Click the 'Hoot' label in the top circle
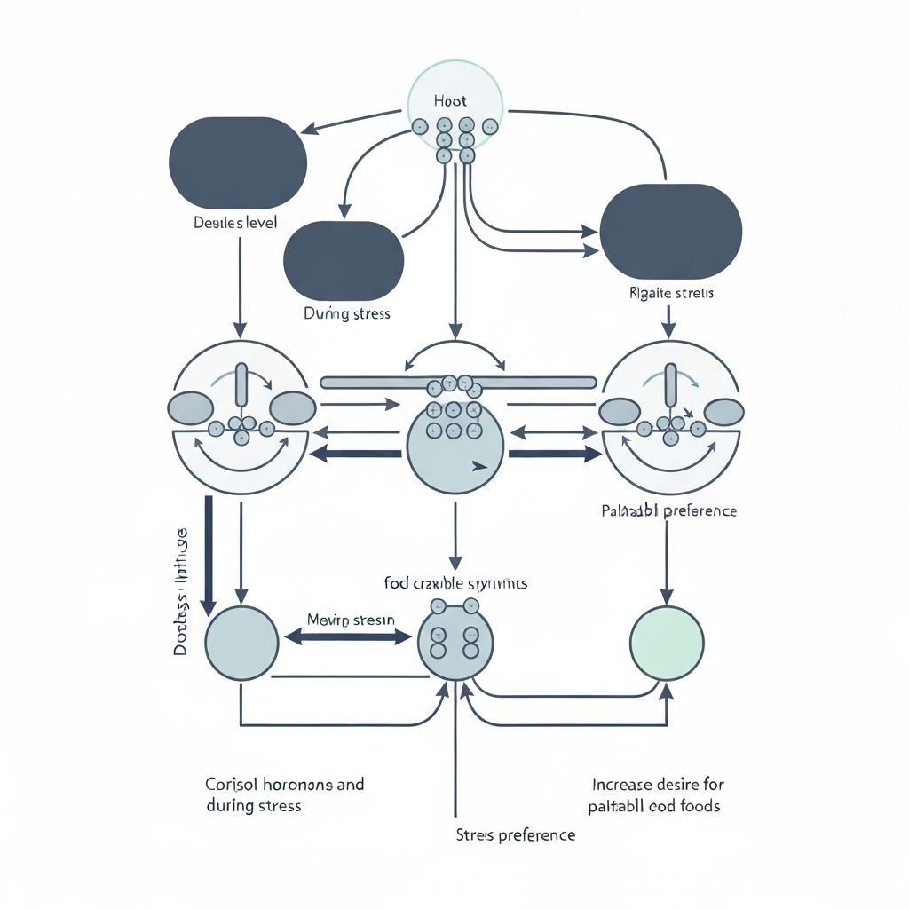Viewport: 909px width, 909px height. [450, 101]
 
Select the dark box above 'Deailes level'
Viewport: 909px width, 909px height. [237, 161]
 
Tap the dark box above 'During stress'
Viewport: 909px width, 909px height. [344, 262]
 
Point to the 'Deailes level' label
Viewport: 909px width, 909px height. [235, 222]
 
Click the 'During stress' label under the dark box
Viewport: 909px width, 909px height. [346, 313]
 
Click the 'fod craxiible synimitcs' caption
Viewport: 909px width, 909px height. [455, 583]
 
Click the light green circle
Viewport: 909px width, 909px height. [667, 643]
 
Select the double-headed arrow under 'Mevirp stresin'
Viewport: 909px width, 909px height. [350, 636]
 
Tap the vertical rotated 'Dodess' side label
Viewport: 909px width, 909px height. [181, 590]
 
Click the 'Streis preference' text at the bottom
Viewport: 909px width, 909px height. [515, 834]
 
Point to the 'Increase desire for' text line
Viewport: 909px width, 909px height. [656, 785]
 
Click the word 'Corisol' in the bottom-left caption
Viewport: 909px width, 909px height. [229, 785]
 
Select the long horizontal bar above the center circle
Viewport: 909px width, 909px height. [457, 382]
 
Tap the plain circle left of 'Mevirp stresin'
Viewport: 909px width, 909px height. [241, 643]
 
